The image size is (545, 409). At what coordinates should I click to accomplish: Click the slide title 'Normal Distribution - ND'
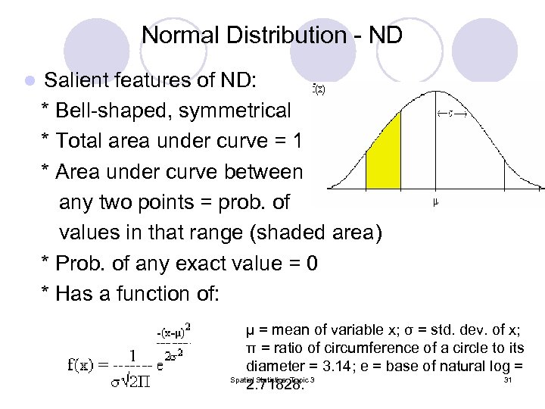click(x=272, y=35)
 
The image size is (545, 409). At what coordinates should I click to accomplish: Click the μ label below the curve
click(x=436, y=202)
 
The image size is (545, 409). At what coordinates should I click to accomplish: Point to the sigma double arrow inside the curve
click(x=450, y=114)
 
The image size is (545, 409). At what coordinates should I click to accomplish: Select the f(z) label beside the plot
click(x=319, y=89)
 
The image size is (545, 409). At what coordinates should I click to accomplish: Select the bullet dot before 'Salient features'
click(x=29, y=80)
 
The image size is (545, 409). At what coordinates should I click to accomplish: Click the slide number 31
click(x=508, y=379)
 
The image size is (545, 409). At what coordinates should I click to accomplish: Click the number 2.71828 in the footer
click(x=275, y=384)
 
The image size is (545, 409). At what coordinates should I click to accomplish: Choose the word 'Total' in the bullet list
click(x=80, y=142)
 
